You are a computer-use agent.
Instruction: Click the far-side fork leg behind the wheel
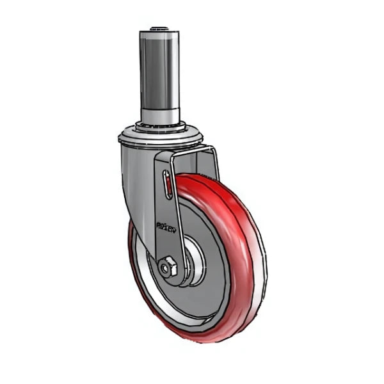211,163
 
